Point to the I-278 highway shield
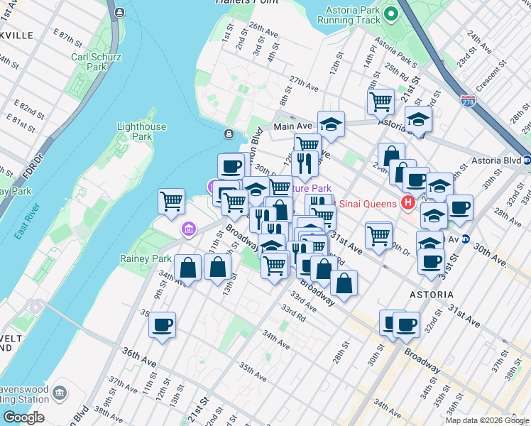point(467,102)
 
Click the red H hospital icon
point(407,204)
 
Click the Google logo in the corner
point(23,417)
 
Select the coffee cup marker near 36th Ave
point(162,325)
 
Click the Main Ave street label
point(293,126)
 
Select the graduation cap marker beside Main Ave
point(331,124)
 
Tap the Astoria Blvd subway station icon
point(526,160)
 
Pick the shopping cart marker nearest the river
point(172,202)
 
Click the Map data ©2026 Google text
point(487,420)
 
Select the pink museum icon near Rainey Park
point(188,229)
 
